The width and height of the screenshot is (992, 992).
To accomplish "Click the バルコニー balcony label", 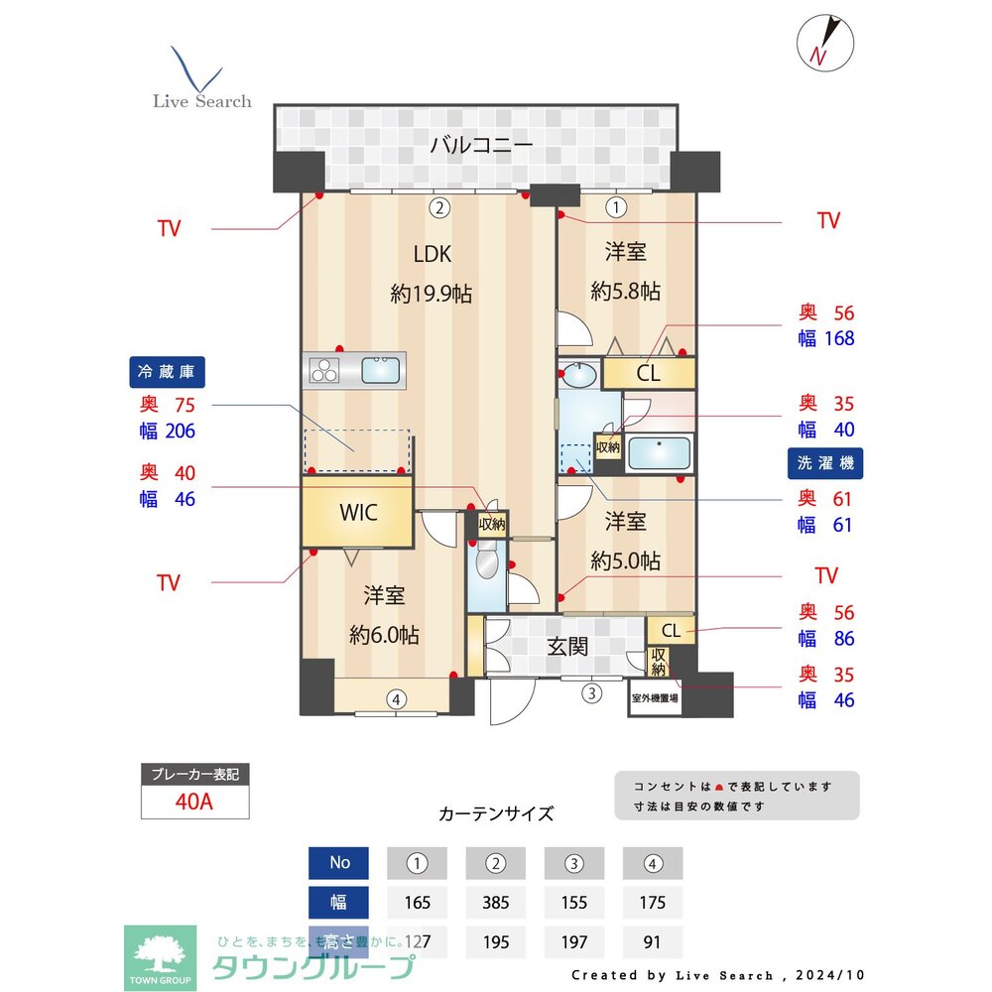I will pyautogui.click(x=481, y=146).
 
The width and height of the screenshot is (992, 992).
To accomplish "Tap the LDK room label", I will pyautogui.click(x=433, y=254).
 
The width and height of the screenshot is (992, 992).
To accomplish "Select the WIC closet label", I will pyautogui.click(x=357, y=513).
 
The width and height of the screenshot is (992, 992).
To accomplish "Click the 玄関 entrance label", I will pyautogui.click(x=567, y=647).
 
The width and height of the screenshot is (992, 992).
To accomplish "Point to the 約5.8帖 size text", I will pyautogui.click(x=625, y=292).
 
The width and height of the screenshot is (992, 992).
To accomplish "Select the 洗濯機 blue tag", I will pyautogui.click(x=825, y=462).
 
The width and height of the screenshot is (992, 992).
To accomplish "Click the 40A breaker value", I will pyautogui.click(x=194, y=802).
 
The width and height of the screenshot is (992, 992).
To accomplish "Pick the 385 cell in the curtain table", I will pyautogui.click(x=495, y=903).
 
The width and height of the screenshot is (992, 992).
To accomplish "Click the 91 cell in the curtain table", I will pyautogui.click(x=652, y=942).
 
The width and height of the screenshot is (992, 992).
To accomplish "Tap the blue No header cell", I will pyautogui.click(x=339, y=863).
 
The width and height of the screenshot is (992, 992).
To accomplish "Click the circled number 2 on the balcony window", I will pyautogui.click(x=438, y=207).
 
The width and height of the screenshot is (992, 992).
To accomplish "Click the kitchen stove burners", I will pyautogui.click(x=324, y=371).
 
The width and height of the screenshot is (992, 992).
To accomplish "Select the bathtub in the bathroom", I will pyautogui.click(x=660, y=453).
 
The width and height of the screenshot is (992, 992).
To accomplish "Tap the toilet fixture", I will pyautogui.click(x=485, y=565).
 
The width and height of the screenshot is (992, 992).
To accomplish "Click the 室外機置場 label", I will pyautogui.click(x=655, y=698).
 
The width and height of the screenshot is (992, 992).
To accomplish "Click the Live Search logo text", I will pyautogui.click(x=201, y=101).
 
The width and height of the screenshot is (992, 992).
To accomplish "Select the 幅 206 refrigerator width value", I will pyautogui.click(x=168, y=431).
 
